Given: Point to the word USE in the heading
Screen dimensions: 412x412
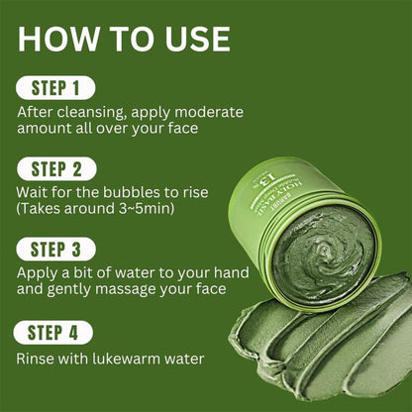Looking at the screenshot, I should click(x=194, y=39).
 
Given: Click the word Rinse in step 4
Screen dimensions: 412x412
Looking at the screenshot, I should click(x=38, y=359).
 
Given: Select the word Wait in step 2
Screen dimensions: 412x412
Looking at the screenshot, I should click(x=34, y=192).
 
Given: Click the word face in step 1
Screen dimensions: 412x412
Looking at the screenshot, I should click(x=197, y=129).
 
